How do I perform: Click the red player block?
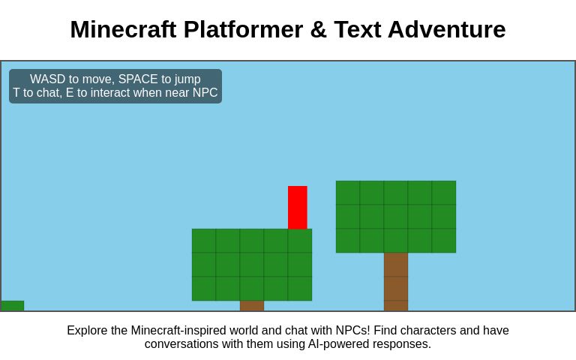click(298, 207)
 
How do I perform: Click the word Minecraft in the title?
click(123, 29)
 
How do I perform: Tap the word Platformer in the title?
click(243, 29)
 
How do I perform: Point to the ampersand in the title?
click(318, 29)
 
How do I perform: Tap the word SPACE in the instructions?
click(138, 79)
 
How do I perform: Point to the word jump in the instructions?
click(187, 79)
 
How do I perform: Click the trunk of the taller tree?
click(396, 281)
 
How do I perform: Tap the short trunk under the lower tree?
click(252, 305)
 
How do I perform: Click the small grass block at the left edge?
click(13, 305)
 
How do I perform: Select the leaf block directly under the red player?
click(300, 241)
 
